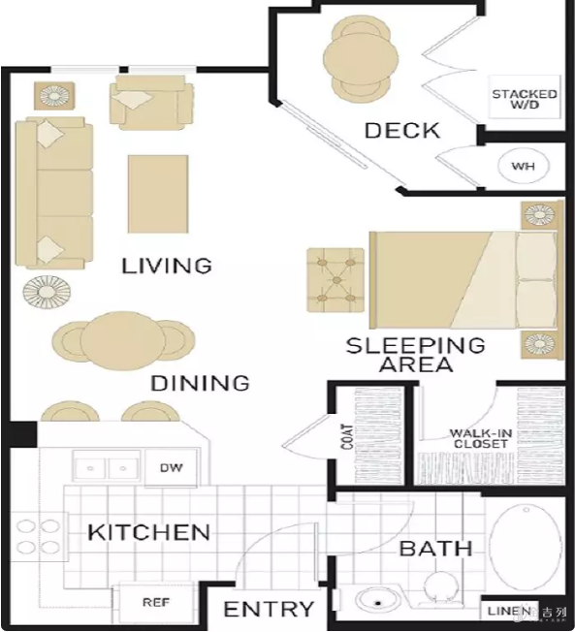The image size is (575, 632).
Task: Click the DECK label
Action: tap(402, 131)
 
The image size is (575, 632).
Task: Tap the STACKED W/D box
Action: tap(525, 97)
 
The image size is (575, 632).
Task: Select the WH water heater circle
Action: tap(524, 166)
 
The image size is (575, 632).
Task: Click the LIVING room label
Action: tap(167, 266)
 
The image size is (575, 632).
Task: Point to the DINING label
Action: tap(201, 383)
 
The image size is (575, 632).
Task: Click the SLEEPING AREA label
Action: tap(415, 355)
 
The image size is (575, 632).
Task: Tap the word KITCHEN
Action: tap(148, 532)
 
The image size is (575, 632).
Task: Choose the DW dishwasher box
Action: tap(171, 467)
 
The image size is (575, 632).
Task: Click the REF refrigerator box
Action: tap(156, 602)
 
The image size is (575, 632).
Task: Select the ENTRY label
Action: tap(269, 609)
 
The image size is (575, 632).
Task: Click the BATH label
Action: tap(435, 549)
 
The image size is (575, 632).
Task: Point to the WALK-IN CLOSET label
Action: tap(481, 439)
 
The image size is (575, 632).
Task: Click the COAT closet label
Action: tap(347, 436)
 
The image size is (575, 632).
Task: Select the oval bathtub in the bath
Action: tap(526, 548)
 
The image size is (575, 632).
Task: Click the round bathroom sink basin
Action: tap(377, 603)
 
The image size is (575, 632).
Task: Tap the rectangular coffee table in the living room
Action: tap(158, 194)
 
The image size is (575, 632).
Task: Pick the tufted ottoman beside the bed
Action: tap(335, 280)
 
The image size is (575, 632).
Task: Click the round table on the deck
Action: tap(361, 61)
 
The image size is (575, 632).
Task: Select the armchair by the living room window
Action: tap(151, 103)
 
